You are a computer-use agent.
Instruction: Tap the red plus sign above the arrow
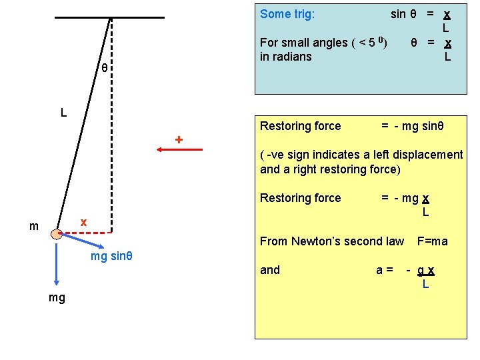179,140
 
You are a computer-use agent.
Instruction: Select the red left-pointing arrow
180,151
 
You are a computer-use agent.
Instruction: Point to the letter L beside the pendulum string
63,113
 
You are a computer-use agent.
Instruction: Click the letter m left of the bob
34,227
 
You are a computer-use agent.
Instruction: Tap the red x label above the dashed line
83,221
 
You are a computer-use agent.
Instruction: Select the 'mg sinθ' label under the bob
111,257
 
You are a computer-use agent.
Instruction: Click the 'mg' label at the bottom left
57,297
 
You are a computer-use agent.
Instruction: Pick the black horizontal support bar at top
109,17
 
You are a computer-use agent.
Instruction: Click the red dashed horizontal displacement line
87,233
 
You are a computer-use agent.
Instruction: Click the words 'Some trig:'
287,14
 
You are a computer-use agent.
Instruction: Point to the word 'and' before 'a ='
270,270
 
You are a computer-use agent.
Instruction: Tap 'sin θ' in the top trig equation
404,14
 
